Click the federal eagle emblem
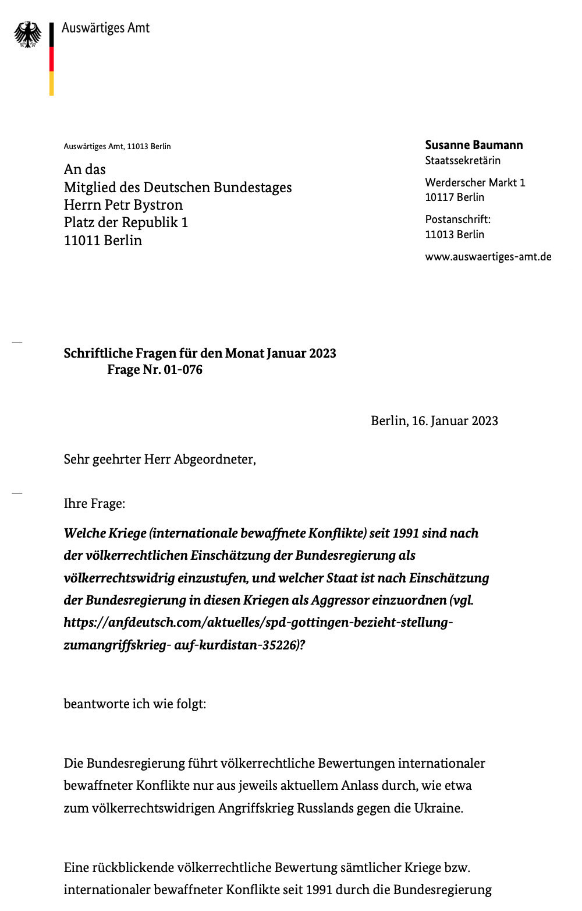[x=27, y=35]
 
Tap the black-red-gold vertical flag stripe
[x=52, y=59]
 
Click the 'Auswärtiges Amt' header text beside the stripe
[x=105, y=28]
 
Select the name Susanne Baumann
[x=474, y=145]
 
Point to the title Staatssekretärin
[x=463, y=161]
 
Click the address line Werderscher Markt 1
[x=475, y=183]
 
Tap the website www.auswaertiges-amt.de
[x=488, y=257]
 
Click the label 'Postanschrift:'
[x=457, y=220]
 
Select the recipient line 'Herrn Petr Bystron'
[x=123, y=205]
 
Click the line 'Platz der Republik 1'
[x=126, y=223]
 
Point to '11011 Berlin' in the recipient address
[x=102, y=241]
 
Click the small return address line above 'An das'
[x=117, y=146]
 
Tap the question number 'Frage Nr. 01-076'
[x=155, y=370]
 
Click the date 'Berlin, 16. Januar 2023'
[x=434, y=421]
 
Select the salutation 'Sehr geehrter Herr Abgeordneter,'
[x=159, y=460]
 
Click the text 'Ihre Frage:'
[x=94, y=504]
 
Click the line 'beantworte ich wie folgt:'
[x=134, y=704]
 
